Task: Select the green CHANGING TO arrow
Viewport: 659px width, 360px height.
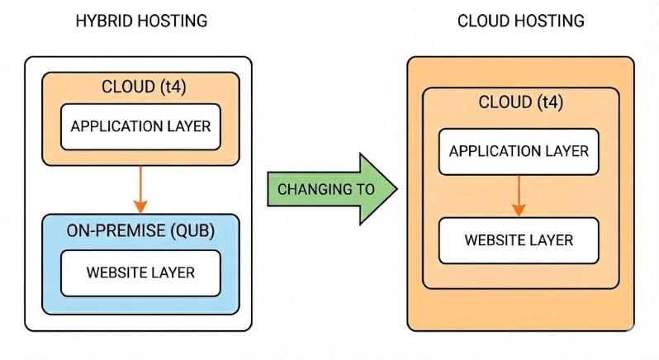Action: (x=330, y=189)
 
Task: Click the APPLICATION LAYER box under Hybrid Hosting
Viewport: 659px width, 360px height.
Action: (x=140, y=126)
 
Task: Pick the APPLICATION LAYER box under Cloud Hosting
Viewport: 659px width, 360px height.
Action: (x=519, y=152)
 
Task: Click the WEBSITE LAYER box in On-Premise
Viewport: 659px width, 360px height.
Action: (x=140, y=272)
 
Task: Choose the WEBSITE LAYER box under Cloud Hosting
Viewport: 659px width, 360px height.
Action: (x=519, y=240)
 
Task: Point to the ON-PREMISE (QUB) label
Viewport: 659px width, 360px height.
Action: (x=140, y=231)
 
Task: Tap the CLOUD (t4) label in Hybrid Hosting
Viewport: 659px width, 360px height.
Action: (x=140, y=88)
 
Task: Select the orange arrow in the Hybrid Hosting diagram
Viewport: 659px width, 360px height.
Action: (x=140, y=188)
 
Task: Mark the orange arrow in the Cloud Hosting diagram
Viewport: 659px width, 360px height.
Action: (x=519, y=197)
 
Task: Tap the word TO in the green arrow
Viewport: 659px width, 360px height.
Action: (x=363, y=189)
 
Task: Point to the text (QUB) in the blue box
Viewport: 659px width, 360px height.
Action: (x=192, y=231)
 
